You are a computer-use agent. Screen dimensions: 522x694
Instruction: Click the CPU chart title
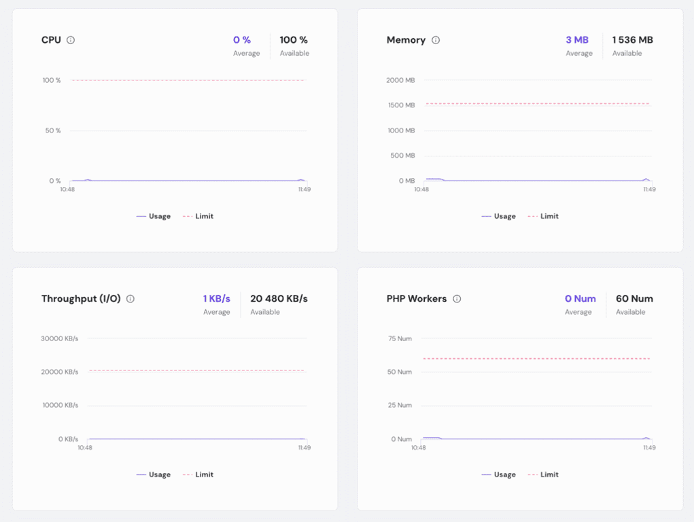pos(51,40)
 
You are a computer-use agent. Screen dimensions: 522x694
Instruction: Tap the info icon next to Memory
pos(436,40)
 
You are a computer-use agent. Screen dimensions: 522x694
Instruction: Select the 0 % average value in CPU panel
pos(242,40)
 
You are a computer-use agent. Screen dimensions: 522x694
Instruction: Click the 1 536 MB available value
pos(632,40)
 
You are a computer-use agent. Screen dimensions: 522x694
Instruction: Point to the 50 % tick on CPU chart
pos(53,130)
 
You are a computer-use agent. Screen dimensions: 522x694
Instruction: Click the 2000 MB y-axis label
pos(400,80)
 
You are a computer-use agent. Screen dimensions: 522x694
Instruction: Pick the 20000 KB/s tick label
pos(60,372)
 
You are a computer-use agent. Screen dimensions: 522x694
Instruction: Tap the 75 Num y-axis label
pos(400,338)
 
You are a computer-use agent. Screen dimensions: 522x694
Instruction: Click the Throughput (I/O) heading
pos(81,298)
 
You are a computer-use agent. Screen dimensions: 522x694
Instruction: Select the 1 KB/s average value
pos(217,298)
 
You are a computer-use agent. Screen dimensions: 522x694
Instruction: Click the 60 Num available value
pos(634,298)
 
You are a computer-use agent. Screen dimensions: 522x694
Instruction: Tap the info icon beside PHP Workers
pos(457,298)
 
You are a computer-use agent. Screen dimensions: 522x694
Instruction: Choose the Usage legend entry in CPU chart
pos(154,216)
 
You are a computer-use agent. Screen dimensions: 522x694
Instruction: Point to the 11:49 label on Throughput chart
pos(304,448)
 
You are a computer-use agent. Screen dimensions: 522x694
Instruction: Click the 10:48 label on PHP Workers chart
pos(419,448)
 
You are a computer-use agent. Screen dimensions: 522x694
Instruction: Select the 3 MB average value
pos(577,40)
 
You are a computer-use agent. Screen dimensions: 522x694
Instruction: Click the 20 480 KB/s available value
pos(279,298)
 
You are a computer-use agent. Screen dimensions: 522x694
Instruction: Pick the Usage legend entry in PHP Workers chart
pos(499,474)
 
